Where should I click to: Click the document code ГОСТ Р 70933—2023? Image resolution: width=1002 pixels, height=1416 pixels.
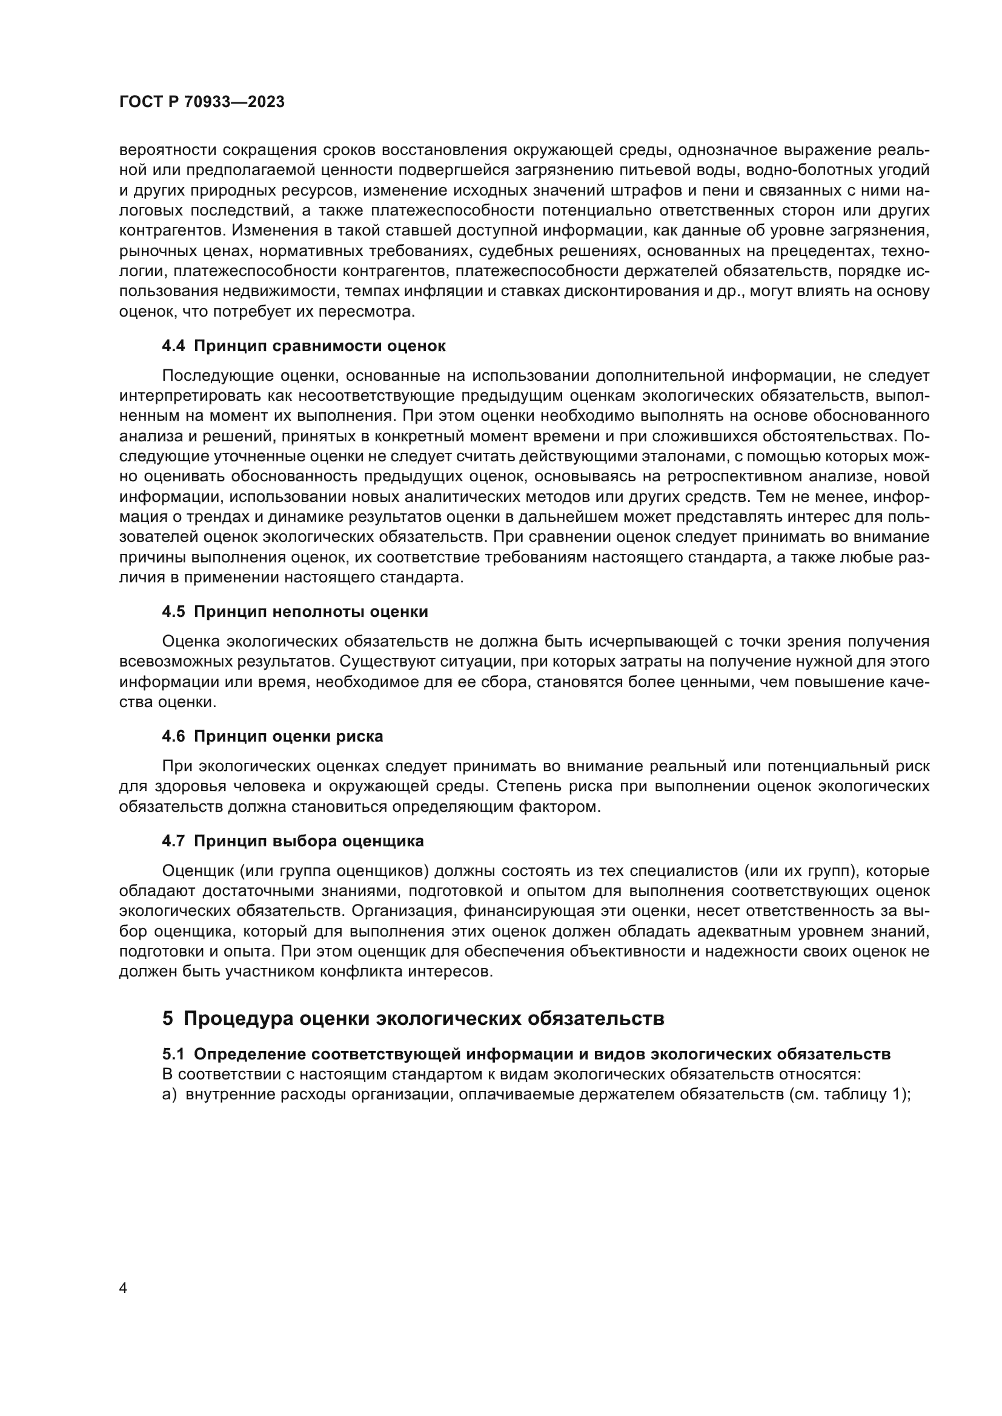click(202, 102)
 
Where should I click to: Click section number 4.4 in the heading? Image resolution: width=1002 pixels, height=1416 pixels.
click(173, 346)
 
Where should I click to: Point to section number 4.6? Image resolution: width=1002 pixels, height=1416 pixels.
click(173, 736)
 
